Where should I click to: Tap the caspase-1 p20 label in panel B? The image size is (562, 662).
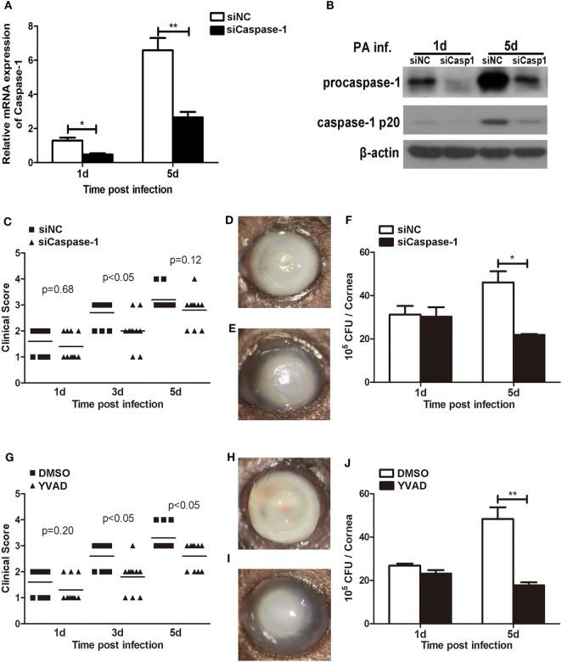[355, 121]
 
